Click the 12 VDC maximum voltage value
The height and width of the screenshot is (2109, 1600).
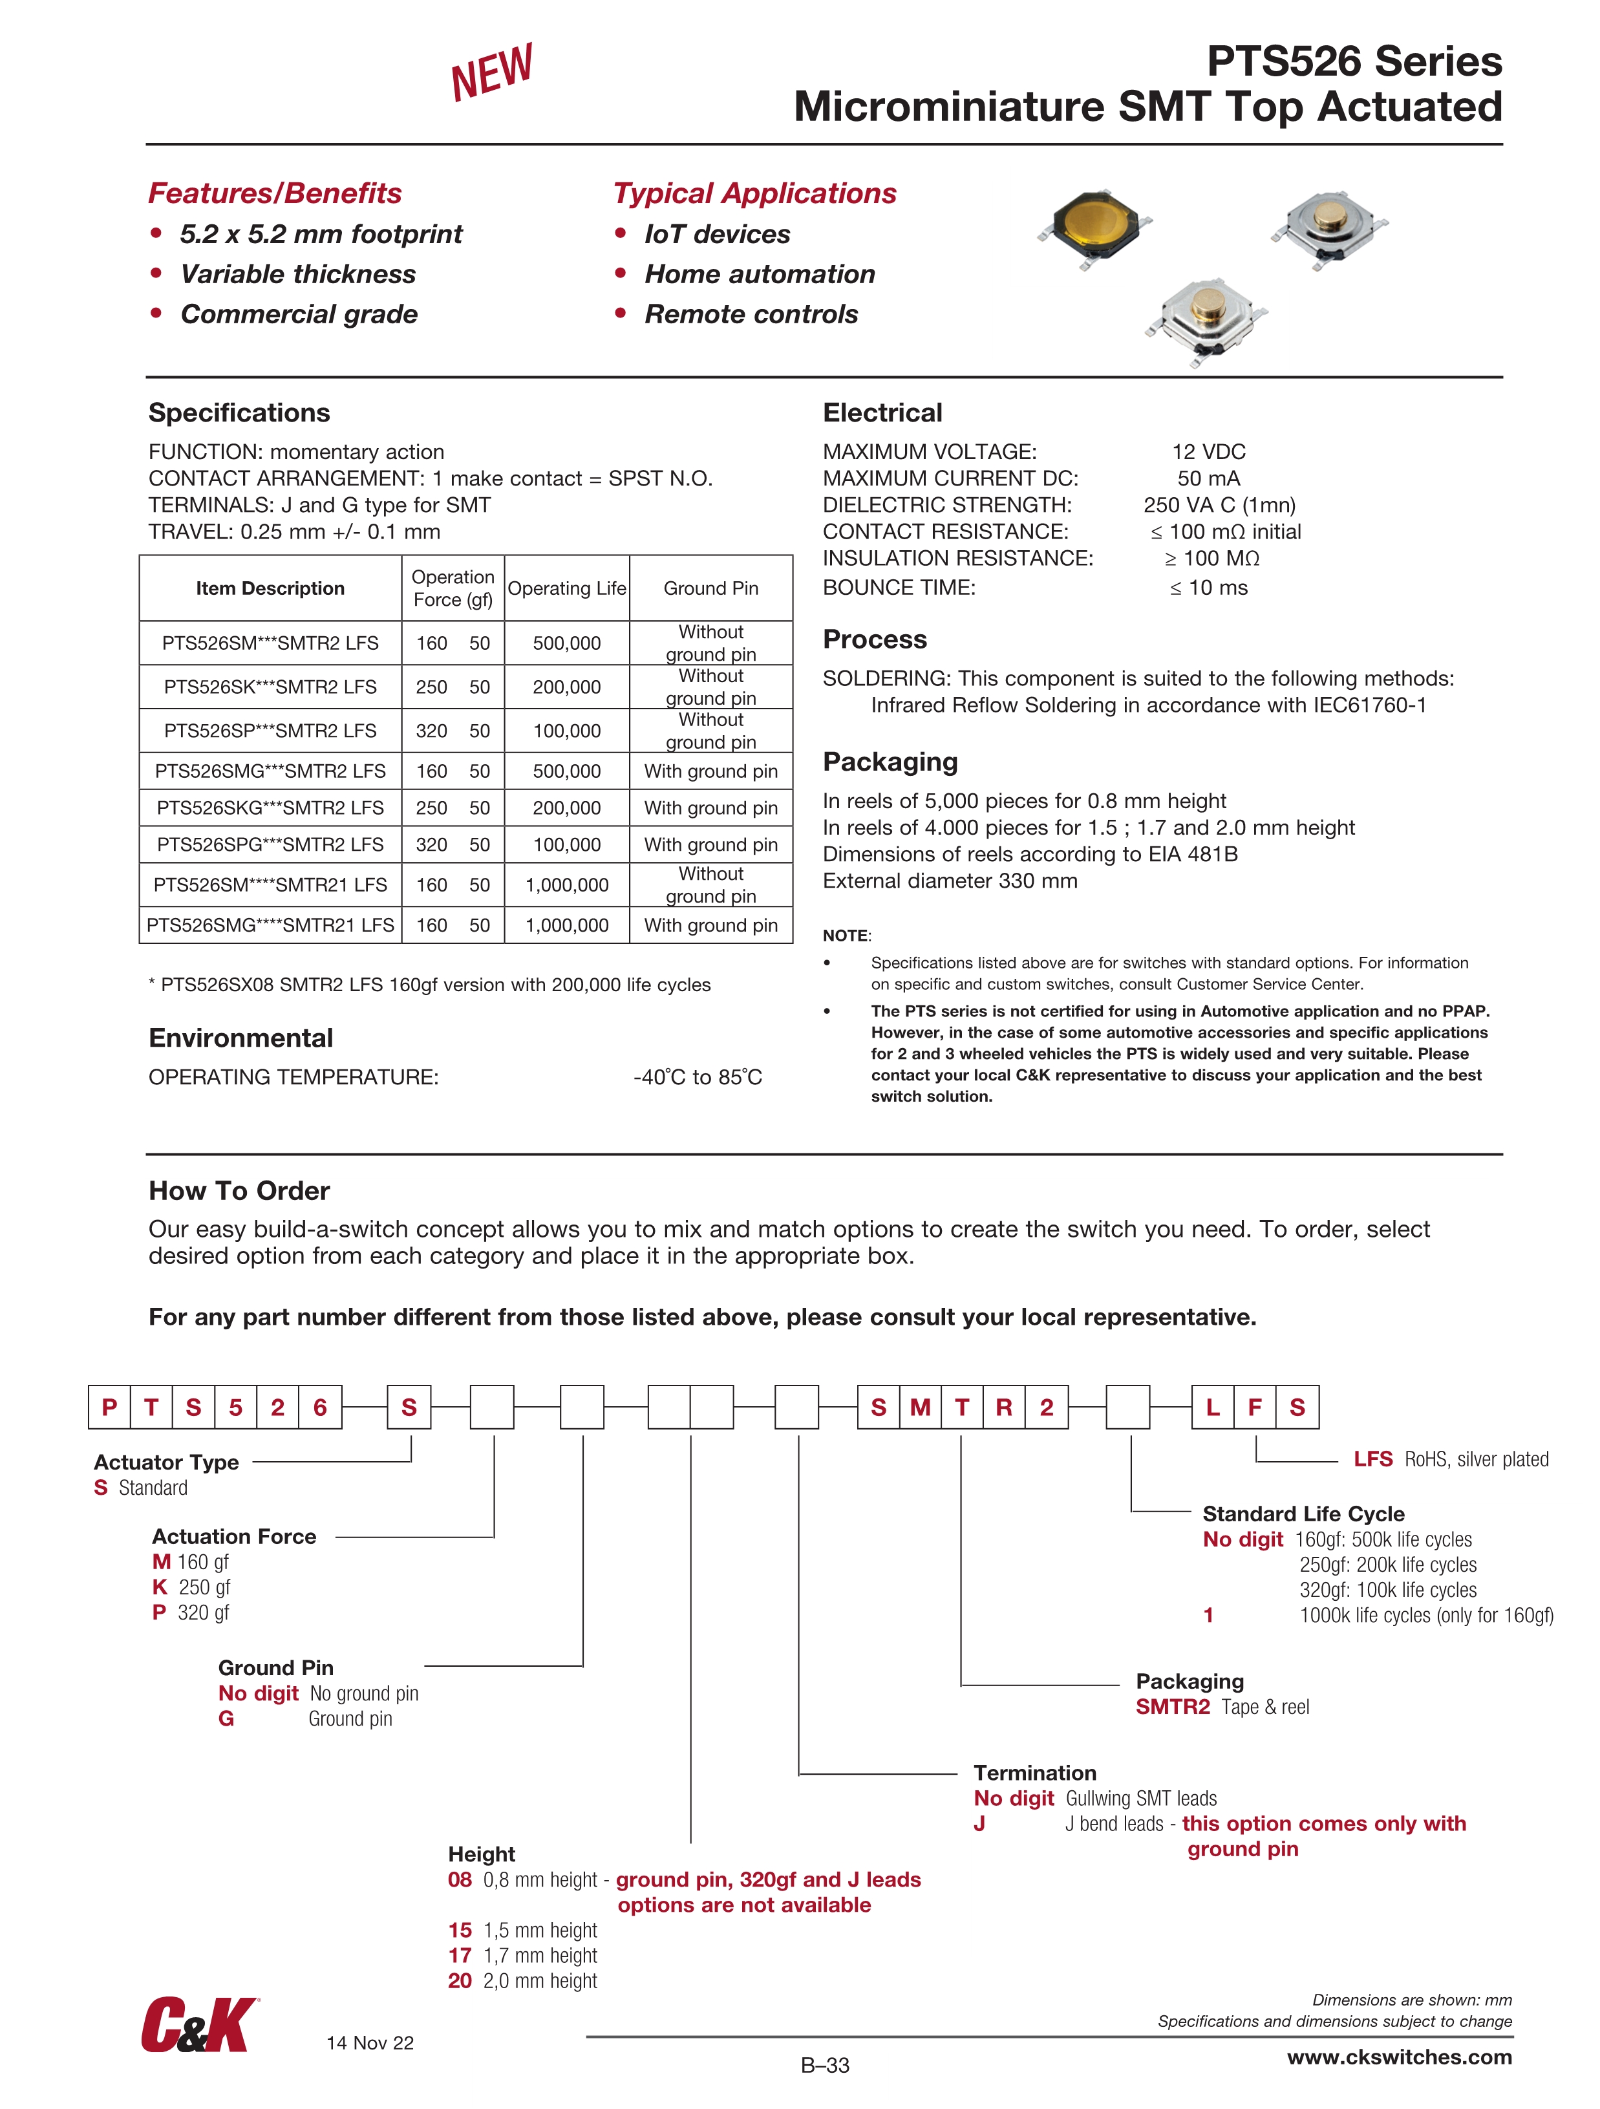(x=1208, y=452)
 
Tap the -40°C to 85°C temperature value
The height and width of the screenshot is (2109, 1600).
(x=697, y=1077)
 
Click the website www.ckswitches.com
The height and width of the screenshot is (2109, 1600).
(x=1399, y=2057)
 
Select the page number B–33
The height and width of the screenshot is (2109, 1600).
(x=825, y=2065)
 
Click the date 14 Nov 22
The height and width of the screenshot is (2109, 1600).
(x=370, y=2042)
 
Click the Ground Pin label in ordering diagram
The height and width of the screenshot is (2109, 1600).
(x=275, y=1667)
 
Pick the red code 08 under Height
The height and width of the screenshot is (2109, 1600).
(x=460, y=1879)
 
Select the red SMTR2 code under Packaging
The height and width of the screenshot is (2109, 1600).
(x=1172, y=1707)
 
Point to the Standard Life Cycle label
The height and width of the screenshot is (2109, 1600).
(x=1303, y=1514)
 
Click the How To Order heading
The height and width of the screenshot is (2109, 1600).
(x=239, y=1191)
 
